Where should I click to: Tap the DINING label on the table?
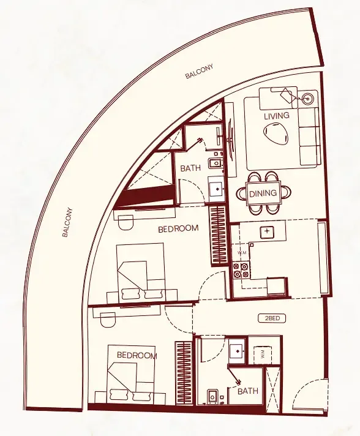click(x=263, y=193)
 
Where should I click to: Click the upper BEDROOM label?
click(x=178, y=229)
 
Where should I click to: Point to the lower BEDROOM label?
click(x=137, y=356)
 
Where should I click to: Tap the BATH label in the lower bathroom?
click(x=247, y=391)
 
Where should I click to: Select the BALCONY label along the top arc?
click(x=200, y=73)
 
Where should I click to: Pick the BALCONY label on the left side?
click(x=68, y=222)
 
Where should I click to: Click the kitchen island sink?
click(x=266, y=231)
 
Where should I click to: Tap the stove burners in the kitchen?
click(x=239, y=271)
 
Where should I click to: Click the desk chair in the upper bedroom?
click(x=126, y=223)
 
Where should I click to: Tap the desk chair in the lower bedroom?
click(x=108, y=320)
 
